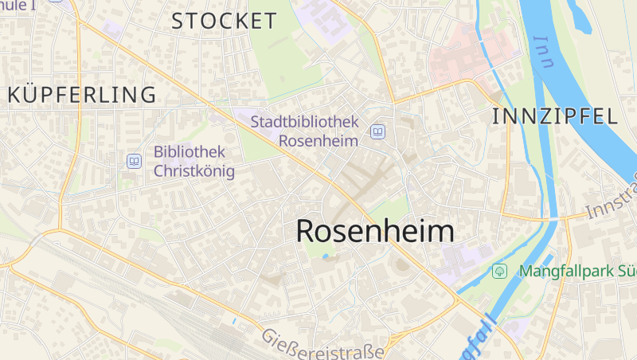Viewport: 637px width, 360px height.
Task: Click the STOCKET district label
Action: (x=224, y=22)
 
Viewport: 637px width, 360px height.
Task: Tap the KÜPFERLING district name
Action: (x=82, y=95)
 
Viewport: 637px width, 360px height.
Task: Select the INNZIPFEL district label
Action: (x=555, y=116)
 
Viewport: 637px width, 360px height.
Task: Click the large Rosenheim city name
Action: (x=375, y=232)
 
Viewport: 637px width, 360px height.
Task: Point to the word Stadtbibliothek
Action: (x=304, y=122)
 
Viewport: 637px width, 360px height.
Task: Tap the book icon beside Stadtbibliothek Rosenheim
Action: (x=377, y=131)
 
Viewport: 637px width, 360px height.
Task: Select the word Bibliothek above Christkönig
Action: (x=190, y=151)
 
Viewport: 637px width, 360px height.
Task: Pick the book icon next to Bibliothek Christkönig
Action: (x=134, y=162)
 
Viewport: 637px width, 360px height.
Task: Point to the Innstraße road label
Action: (x=612, y=199)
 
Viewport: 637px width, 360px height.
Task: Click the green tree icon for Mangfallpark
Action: (x=499, y=271)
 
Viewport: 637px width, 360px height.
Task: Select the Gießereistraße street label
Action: (x=322, y=343)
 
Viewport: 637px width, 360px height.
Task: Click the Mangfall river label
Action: (x=478, y=338)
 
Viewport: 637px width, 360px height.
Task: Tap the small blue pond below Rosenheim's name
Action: (x=325, y=256)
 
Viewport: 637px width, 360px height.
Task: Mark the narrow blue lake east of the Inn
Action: (x=579, y=16)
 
